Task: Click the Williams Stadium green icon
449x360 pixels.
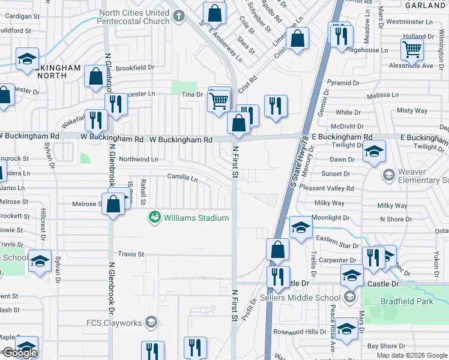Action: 155,217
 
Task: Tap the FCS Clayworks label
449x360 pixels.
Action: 114,323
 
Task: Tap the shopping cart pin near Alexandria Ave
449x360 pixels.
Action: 412,49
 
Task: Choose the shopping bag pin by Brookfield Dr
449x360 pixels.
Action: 96,76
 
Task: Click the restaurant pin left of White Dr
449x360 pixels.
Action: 276,106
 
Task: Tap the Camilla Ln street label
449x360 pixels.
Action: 182,178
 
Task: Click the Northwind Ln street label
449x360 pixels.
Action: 138,159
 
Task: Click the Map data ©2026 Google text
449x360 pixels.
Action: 412,355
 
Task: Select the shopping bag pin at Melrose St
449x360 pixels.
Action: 113,203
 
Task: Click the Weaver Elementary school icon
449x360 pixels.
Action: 388,175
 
